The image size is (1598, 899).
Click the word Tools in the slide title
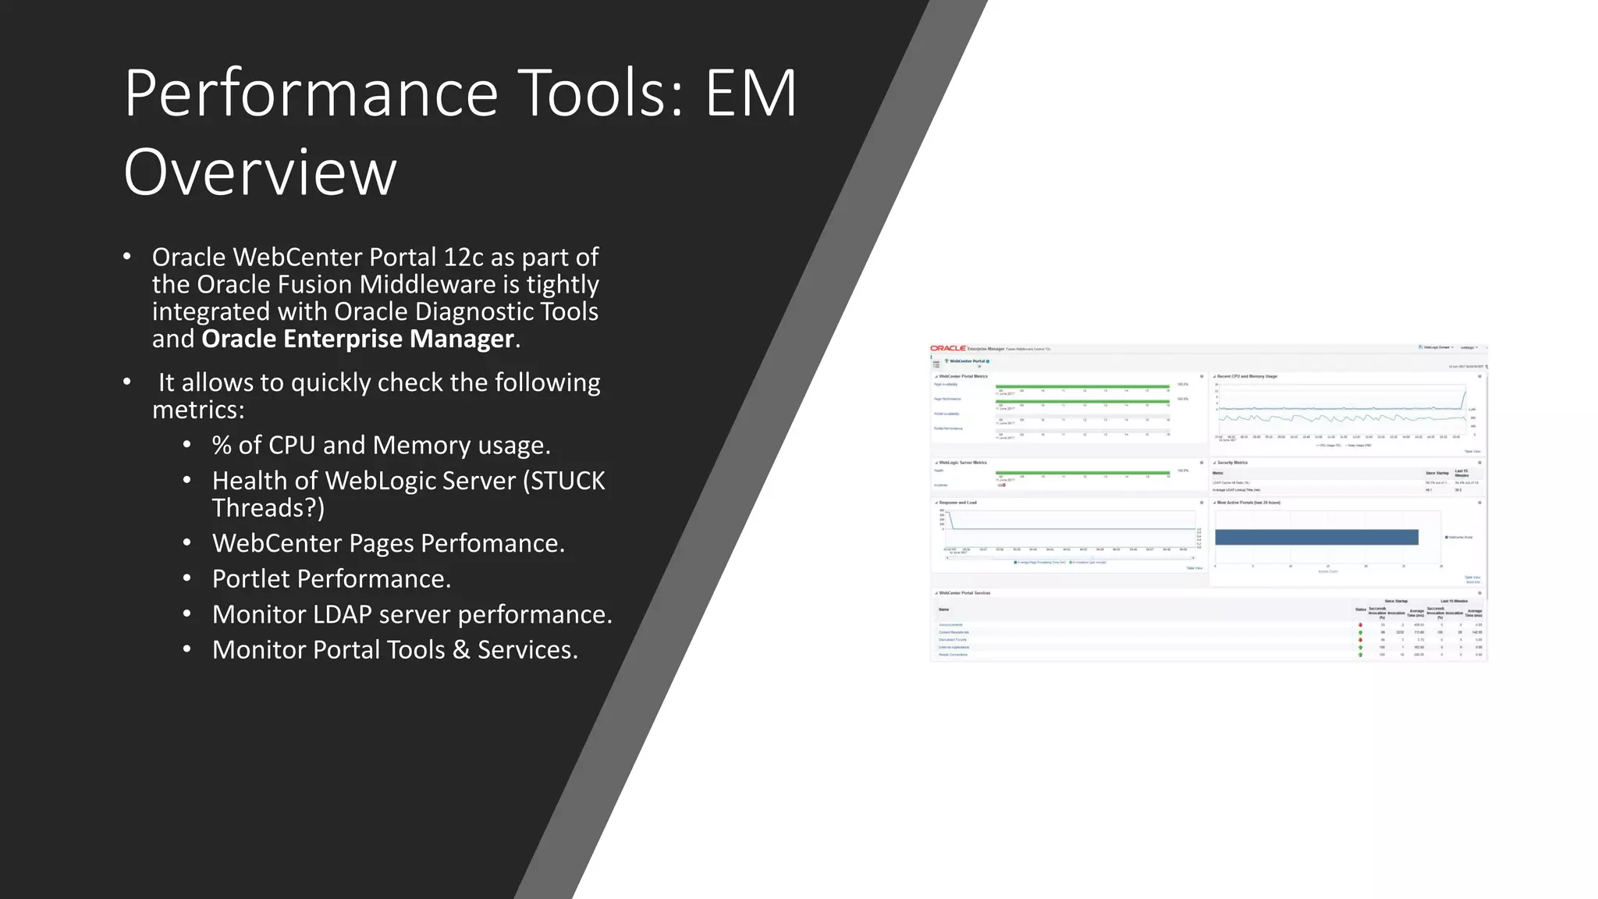(x=599, y=94)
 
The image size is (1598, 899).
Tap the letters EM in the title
(x=751, y=94)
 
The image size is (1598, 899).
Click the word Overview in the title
(x=260, y=172)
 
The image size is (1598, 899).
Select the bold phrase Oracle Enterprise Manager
(x=357, y=339)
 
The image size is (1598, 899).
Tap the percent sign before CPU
(x=222, y=445)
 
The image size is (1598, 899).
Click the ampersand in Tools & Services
(x=461, y=650)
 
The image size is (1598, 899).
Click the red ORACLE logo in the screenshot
(x=948, y=348)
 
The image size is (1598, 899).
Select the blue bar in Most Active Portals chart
(x=1316, y=537)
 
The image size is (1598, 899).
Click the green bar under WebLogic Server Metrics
(x=1082, y=472)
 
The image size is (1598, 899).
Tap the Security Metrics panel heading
(x=1232, y=463)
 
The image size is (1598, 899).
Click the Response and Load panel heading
(x=957, y=503)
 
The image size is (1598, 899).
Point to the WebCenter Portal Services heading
(x=964, y=593)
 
